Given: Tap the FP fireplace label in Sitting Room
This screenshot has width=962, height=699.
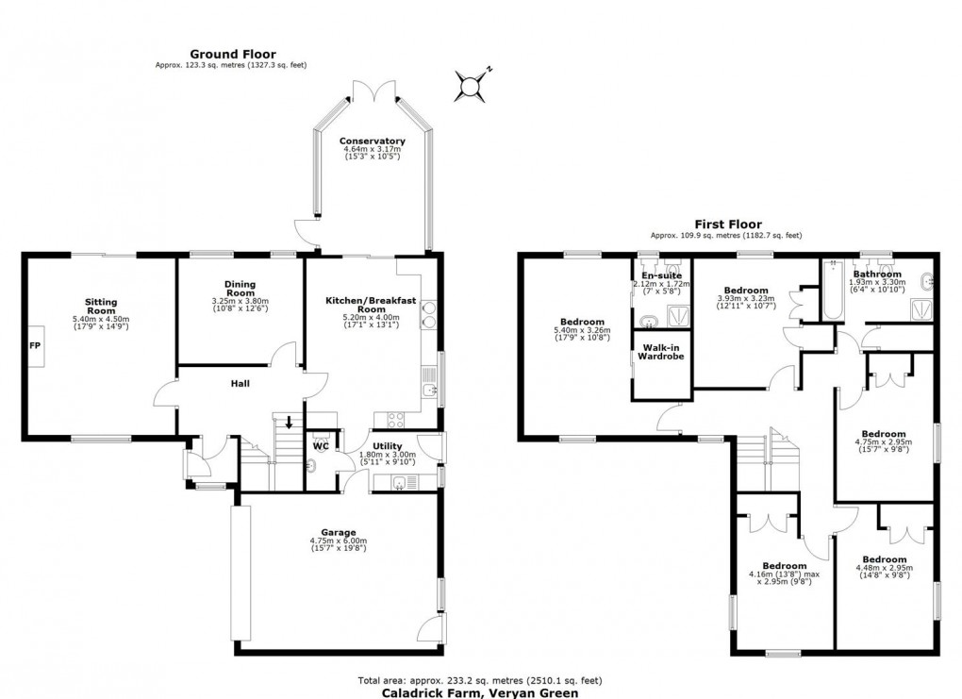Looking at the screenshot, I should tap(36, 345).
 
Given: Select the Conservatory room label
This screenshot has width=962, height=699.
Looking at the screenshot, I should tap(372, 141).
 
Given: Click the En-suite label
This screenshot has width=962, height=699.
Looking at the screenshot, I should tap(661, 275).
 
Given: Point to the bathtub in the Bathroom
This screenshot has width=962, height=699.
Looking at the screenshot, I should tap(831, 291).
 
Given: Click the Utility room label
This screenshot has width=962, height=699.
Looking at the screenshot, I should tap(387, 446).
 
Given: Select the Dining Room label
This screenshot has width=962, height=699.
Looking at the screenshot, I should tap(240, 288).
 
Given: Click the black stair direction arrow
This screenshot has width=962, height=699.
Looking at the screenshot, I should tap(289, 422).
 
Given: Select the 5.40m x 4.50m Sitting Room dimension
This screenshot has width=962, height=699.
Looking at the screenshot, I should tap(100, 320).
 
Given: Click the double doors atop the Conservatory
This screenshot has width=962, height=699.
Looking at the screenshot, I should tap(373, 90).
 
